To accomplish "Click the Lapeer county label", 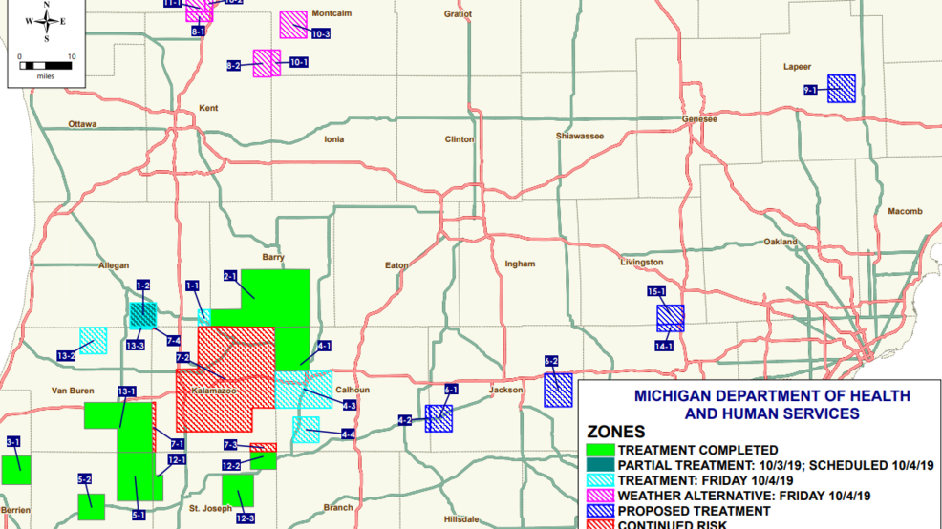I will pyautogui.click(x=797, y=67).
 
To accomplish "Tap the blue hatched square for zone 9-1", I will pyautogui.click(x=841, y=89).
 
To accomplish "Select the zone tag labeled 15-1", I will pyautogui.click(x=656, y=291).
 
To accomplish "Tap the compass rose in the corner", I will pyautogui.click(x=46, y=21).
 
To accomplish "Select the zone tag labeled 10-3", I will pyautogui.click(x=321, y=34).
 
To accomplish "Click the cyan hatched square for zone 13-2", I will pyautogui.click(x=93, y=341).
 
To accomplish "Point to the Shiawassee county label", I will pyautogui.click(x=580, y=137).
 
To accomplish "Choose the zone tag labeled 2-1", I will pyautogui.click(x=230, y=276).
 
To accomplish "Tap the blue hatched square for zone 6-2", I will pyautogui.click(x=558, y=391).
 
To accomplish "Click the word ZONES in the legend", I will pyautogui.click(x=615, y=433).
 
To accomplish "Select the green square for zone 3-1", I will pyautogui.click(x=15, y=470).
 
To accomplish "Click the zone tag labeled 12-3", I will pyautogui.click(x=246, y=518).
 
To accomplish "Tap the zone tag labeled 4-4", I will pyautogui.click(x=349, y=434).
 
